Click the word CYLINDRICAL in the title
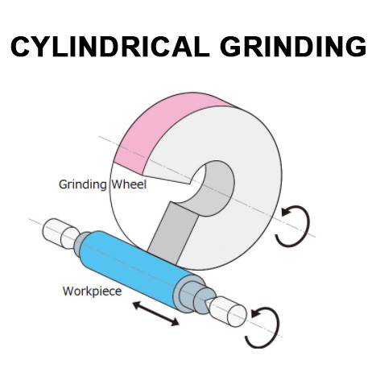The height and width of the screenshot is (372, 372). click(110, 46)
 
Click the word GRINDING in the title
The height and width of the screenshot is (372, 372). click(293, 46)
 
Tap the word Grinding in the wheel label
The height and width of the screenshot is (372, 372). click(83, 184)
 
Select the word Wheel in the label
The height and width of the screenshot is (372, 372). click(129, 184)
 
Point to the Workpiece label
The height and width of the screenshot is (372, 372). click(92, 291)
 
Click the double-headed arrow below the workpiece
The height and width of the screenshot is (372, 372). click(155, 313)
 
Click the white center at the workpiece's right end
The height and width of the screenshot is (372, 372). click(227, 312)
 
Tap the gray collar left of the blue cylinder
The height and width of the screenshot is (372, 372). click(81, 243)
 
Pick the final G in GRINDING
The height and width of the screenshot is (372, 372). click(356, 46)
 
